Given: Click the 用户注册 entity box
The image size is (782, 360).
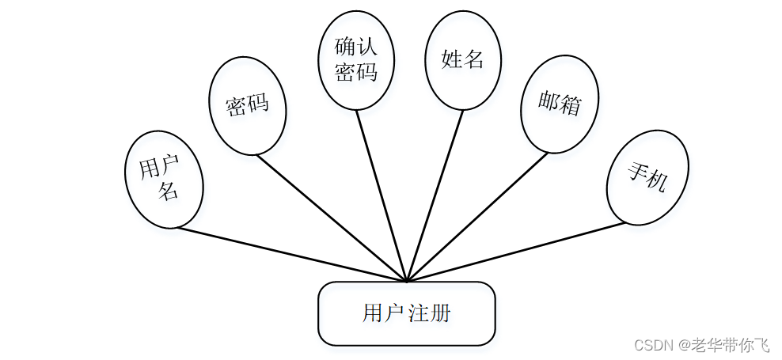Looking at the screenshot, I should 406,313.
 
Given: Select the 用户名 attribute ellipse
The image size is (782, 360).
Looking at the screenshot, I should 164,179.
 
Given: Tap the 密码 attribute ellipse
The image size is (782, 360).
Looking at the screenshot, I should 247,104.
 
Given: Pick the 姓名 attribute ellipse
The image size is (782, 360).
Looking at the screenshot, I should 463,59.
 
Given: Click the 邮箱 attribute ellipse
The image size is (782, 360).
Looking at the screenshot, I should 559,104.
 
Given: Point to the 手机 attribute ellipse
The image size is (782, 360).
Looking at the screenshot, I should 647,178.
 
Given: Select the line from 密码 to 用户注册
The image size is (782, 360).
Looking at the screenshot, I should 332,218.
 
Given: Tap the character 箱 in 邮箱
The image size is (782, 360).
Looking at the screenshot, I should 570,106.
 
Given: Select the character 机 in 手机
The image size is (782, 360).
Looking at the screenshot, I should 657,181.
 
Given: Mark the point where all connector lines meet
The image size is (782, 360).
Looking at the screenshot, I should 406,281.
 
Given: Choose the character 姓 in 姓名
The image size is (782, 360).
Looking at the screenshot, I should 452,59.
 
